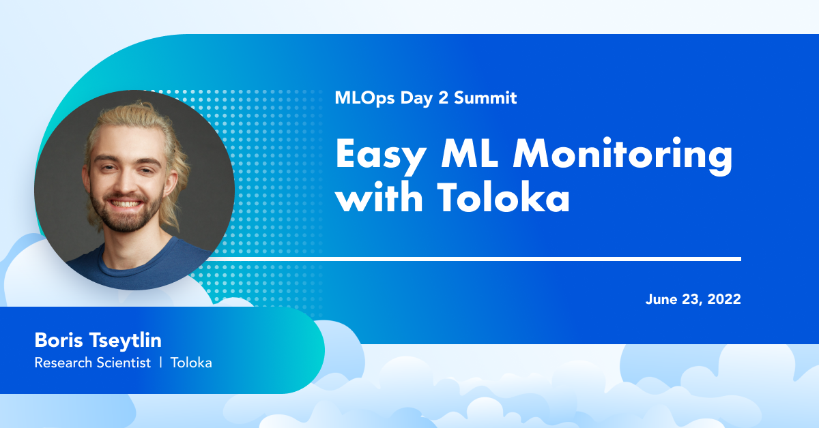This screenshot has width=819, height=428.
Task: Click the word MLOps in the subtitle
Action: [364, 98]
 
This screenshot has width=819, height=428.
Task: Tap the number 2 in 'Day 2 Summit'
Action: [443, 97]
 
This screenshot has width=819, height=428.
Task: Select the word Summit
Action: [485, 97]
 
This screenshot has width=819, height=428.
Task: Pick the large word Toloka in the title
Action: [503, 197]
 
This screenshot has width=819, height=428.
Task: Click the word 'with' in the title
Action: [379, 197]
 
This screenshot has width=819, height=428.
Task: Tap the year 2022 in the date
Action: [724, 299]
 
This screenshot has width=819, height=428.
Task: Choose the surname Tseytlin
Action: [126, 341]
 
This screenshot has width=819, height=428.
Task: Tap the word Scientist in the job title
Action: [124, 363]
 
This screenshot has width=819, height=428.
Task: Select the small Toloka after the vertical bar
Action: [191, 363]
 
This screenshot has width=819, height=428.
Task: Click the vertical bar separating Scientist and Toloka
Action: [161, 363]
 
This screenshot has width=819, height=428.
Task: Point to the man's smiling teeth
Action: [126, 203]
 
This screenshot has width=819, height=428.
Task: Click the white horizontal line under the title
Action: [474, 259]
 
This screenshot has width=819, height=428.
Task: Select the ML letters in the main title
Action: [470, 153]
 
